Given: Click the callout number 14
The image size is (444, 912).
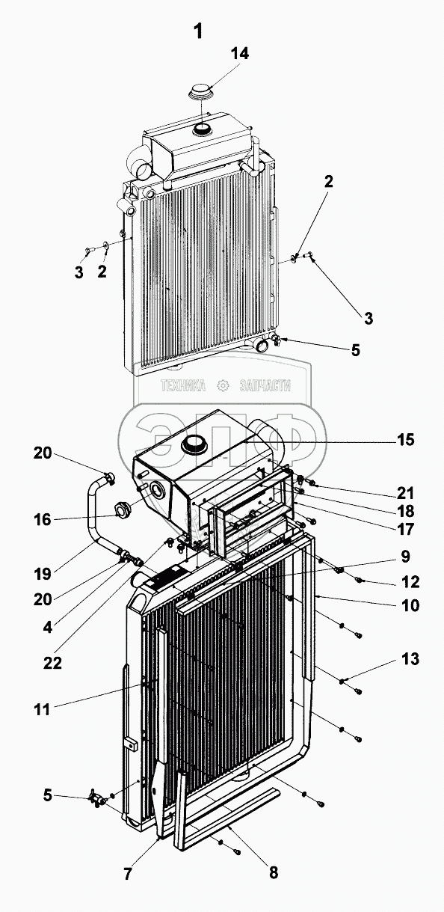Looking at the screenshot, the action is point(240,53).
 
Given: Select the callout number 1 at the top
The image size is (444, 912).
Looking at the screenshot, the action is point(198,31).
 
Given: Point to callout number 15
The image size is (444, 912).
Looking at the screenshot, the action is point(404,440).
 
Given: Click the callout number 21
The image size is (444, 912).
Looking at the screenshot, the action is point(405,493).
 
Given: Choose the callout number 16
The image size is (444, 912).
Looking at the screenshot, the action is point(43,519).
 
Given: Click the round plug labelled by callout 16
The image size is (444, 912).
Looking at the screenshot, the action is point(121,509).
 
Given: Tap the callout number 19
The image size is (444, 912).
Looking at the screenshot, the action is point(43,575).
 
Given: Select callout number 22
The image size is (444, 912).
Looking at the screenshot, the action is point(53,663).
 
